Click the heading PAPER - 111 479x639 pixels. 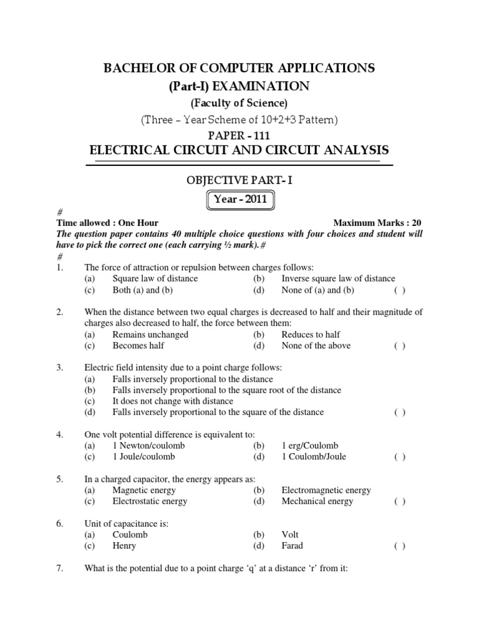239,135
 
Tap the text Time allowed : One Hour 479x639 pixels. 107,223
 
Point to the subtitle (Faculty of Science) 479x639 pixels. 239,102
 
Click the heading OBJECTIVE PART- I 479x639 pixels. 239,180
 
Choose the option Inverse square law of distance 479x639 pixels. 338,279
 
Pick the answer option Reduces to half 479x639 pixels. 311,334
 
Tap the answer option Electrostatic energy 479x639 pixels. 150,501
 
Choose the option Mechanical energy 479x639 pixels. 317,501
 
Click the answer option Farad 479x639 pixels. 292,546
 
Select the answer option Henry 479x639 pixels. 124,546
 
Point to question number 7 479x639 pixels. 60,568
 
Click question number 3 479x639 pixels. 60,368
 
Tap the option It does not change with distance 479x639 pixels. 173,401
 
